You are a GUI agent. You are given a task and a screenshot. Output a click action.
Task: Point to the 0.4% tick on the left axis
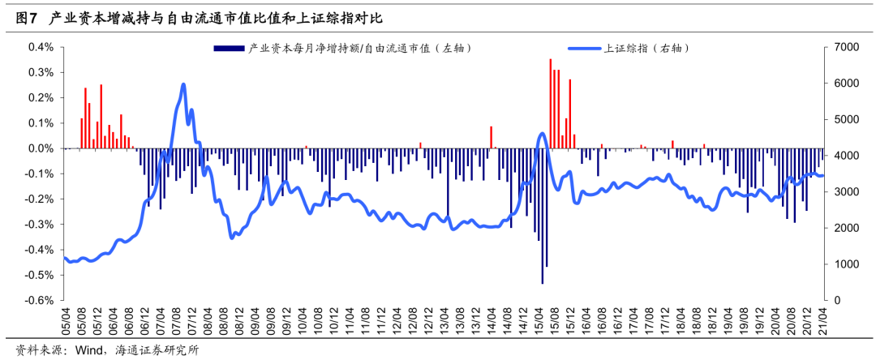(40, 48)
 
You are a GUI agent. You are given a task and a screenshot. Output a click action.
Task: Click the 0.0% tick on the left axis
(40, 149)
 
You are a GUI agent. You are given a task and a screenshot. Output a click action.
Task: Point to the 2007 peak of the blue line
(183, 84)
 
